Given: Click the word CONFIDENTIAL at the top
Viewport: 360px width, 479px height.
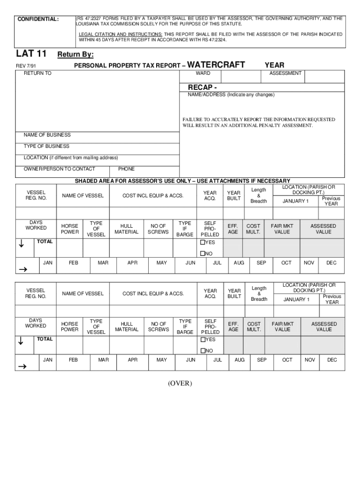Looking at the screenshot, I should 38,19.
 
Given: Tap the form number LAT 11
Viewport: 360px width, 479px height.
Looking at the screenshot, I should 31,54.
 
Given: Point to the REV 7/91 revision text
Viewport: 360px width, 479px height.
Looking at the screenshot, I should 28,66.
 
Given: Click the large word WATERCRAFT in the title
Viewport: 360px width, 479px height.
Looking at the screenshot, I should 216,65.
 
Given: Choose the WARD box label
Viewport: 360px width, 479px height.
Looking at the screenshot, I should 203,73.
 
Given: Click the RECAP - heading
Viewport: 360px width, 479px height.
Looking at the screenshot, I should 202,87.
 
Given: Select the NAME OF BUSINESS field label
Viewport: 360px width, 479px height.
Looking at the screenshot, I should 47,135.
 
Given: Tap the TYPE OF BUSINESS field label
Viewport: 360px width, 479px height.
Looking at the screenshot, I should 47,146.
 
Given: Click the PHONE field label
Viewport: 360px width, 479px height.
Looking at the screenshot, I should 126,169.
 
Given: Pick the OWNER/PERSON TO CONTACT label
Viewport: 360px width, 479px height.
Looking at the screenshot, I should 59,169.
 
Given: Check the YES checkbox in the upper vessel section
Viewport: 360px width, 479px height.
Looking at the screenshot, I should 203,242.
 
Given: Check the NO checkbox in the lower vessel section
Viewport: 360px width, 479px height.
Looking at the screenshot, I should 203,351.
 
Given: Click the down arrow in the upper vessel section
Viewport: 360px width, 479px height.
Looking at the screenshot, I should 21,243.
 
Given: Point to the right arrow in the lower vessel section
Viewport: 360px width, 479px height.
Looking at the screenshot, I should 22,367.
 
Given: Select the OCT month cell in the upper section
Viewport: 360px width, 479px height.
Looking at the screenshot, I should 286,263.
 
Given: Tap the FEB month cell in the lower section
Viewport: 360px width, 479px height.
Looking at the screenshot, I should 73,360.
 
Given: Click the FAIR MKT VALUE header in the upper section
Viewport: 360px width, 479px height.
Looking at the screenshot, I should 282,229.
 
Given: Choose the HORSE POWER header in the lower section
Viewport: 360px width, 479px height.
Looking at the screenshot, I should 70,327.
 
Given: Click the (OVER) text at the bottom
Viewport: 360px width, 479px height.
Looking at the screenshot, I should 180,384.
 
